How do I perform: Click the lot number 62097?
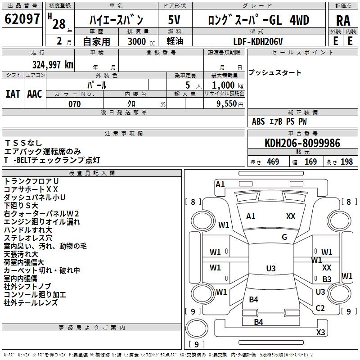pyautogui.click(x=22, y=19)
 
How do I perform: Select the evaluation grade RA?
pyautogui.click(x=343, y=21)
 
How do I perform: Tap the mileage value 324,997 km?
pyautogui.click(x=53, y=65)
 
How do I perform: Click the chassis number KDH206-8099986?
pyautogui.click(x=302, y=143)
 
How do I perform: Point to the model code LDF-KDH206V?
pyautogui.click(x=258, y=41)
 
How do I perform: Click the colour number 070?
pyautogui.click(x=75, y=104)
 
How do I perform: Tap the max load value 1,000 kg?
pyautogui.click(x=228, y=85)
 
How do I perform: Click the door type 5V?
pyautogui.click(x=174, y=20)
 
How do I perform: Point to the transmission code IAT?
pyautogui.click(x=13, y=94)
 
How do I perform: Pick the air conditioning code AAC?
pyautogui.click(x=35, y=94)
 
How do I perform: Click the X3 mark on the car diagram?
pyautogui.click(x=320, y=332)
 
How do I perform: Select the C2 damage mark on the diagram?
pyautogui.click(x=320, y=308)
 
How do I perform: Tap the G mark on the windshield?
pyautogui.click(x=284, y=237)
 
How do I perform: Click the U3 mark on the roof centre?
pyautogui.click(x=271, y=268)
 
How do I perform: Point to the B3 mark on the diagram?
pyautogui.click(x=327, y=279)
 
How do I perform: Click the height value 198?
pyautogui.click(x=346, y=162)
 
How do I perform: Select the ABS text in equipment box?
pyautogui.click(x=258, y=121)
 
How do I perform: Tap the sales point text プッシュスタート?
pyautogui.click(x=274, y=72)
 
